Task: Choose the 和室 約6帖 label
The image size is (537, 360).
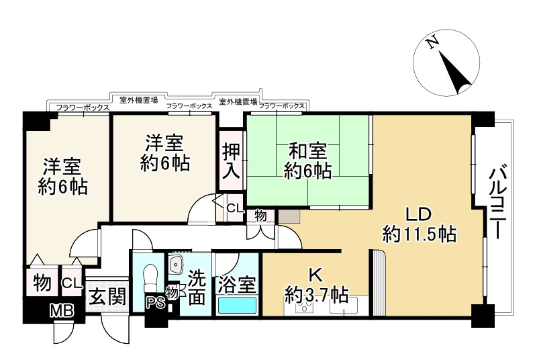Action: [307, 161]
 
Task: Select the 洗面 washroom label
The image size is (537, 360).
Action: [196, 287]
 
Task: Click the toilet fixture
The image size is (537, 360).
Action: [150, 275]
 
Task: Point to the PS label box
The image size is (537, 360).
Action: [154, 303]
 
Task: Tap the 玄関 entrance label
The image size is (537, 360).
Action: [107, 296]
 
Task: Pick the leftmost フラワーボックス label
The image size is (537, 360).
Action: [83, 107]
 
